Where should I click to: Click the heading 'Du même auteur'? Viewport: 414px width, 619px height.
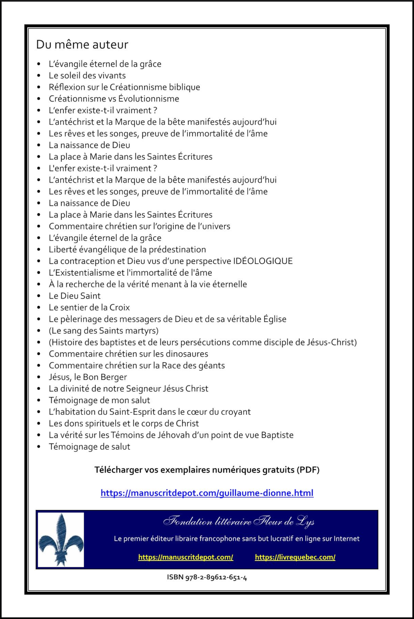(82, 44)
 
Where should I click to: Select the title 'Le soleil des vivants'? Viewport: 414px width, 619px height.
(87, 76)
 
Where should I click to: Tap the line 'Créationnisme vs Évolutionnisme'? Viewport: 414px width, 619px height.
(114, 99)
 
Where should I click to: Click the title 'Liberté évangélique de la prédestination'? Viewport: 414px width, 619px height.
(127, 249)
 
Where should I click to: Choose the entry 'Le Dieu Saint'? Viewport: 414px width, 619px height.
(75, 296)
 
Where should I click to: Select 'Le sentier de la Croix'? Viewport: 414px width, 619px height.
(89, 307)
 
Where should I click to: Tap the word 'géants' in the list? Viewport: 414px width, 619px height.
(212, 366)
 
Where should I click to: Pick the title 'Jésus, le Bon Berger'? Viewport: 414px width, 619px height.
(88, 377)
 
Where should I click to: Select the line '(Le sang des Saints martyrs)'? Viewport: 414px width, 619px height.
(103, 331)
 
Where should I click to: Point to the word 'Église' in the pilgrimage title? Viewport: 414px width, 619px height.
(275, 319)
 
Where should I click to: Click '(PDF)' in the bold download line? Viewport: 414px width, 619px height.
(308, 470)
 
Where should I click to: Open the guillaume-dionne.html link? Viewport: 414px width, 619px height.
(207, 493)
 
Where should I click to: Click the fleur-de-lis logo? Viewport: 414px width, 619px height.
(61, 539)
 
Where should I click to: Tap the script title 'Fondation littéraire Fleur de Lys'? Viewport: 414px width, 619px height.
(239, 521)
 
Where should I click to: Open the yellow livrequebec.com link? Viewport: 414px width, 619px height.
(295, 557)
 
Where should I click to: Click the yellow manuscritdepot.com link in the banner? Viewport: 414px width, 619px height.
(186, 557)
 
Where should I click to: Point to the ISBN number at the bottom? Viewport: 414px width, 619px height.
(207, 577)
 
